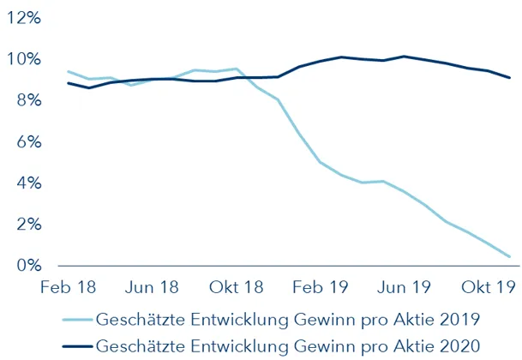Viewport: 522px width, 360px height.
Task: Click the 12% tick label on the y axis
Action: pos(22,18)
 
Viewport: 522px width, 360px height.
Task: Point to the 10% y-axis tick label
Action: pos(22,59)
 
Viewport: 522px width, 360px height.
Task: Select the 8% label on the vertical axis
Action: pos(27,100)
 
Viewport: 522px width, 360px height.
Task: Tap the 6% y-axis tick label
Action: pos(27,141)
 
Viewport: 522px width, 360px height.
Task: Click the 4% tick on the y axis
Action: pos(27,183)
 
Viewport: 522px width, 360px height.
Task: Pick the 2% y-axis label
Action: pos(27,225)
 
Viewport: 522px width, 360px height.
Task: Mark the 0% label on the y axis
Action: pos(27,266)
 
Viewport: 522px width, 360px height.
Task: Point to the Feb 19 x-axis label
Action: pos(318,287)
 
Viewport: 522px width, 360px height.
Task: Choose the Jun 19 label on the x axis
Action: pos(405,287)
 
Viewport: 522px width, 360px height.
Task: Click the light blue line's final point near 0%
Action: pos(511,256)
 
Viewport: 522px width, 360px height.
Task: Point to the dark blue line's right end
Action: pos(511,78)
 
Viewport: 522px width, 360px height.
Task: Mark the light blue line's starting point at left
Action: pos(68,72)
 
